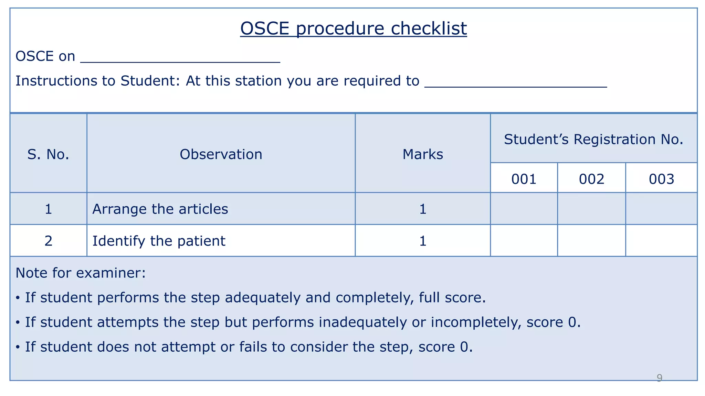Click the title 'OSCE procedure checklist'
point(353,28)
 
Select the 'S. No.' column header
point(48,154)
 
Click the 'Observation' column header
point(221,154)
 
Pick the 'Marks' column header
point(422,154)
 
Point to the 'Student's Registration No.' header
point(593,139)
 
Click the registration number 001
point(524,179)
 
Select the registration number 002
point(591,179)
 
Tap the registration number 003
point(661,179)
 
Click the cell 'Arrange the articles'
point(160,209)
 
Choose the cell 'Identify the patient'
point(159,241)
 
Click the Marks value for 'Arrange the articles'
point(423,209)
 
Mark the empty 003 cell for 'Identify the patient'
point(661,241)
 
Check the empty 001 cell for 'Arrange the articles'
point(524,209)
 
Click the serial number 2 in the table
point(48,241)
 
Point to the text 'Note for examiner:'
point(81,273)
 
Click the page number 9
point(659,378)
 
